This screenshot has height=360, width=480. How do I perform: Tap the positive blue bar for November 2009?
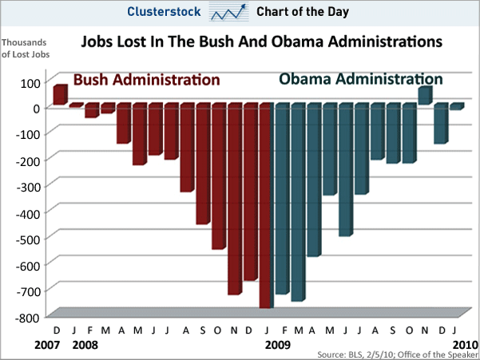424,95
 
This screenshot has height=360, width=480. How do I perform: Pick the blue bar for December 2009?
440,124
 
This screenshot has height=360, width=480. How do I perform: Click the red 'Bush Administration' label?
147,80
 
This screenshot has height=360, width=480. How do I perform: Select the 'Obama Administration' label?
360,79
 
